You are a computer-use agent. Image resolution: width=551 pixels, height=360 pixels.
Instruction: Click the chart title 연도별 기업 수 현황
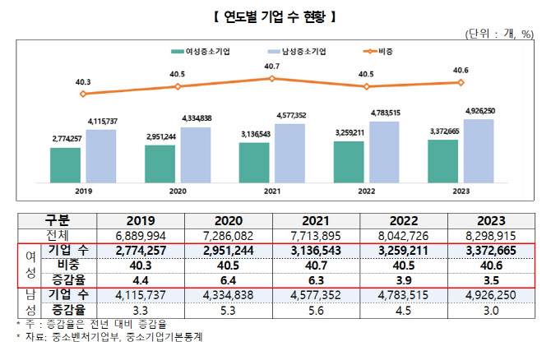click(x=275, y=15)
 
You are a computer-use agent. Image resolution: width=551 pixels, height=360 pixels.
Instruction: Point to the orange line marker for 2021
click(x=271, y=79)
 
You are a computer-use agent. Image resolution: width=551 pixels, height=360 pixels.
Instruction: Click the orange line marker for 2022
click(x=366, y=86)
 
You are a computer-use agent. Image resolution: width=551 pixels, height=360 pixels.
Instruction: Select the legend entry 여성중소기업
click(x=201, y=51)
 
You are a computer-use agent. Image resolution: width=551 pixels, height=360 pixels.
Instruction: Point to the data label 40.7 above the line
click(x=271, y=67)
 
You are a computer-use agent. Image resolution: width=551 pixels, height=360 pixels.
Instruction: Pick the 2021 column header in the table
click(x=322, y=220)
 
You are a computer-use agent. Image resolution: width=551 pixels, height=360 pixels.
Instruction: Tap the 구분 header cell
click(x=58, y=220)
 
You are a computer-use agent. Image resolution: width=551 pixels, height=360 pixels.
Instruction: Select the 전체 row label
click(x=58, y=235)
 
